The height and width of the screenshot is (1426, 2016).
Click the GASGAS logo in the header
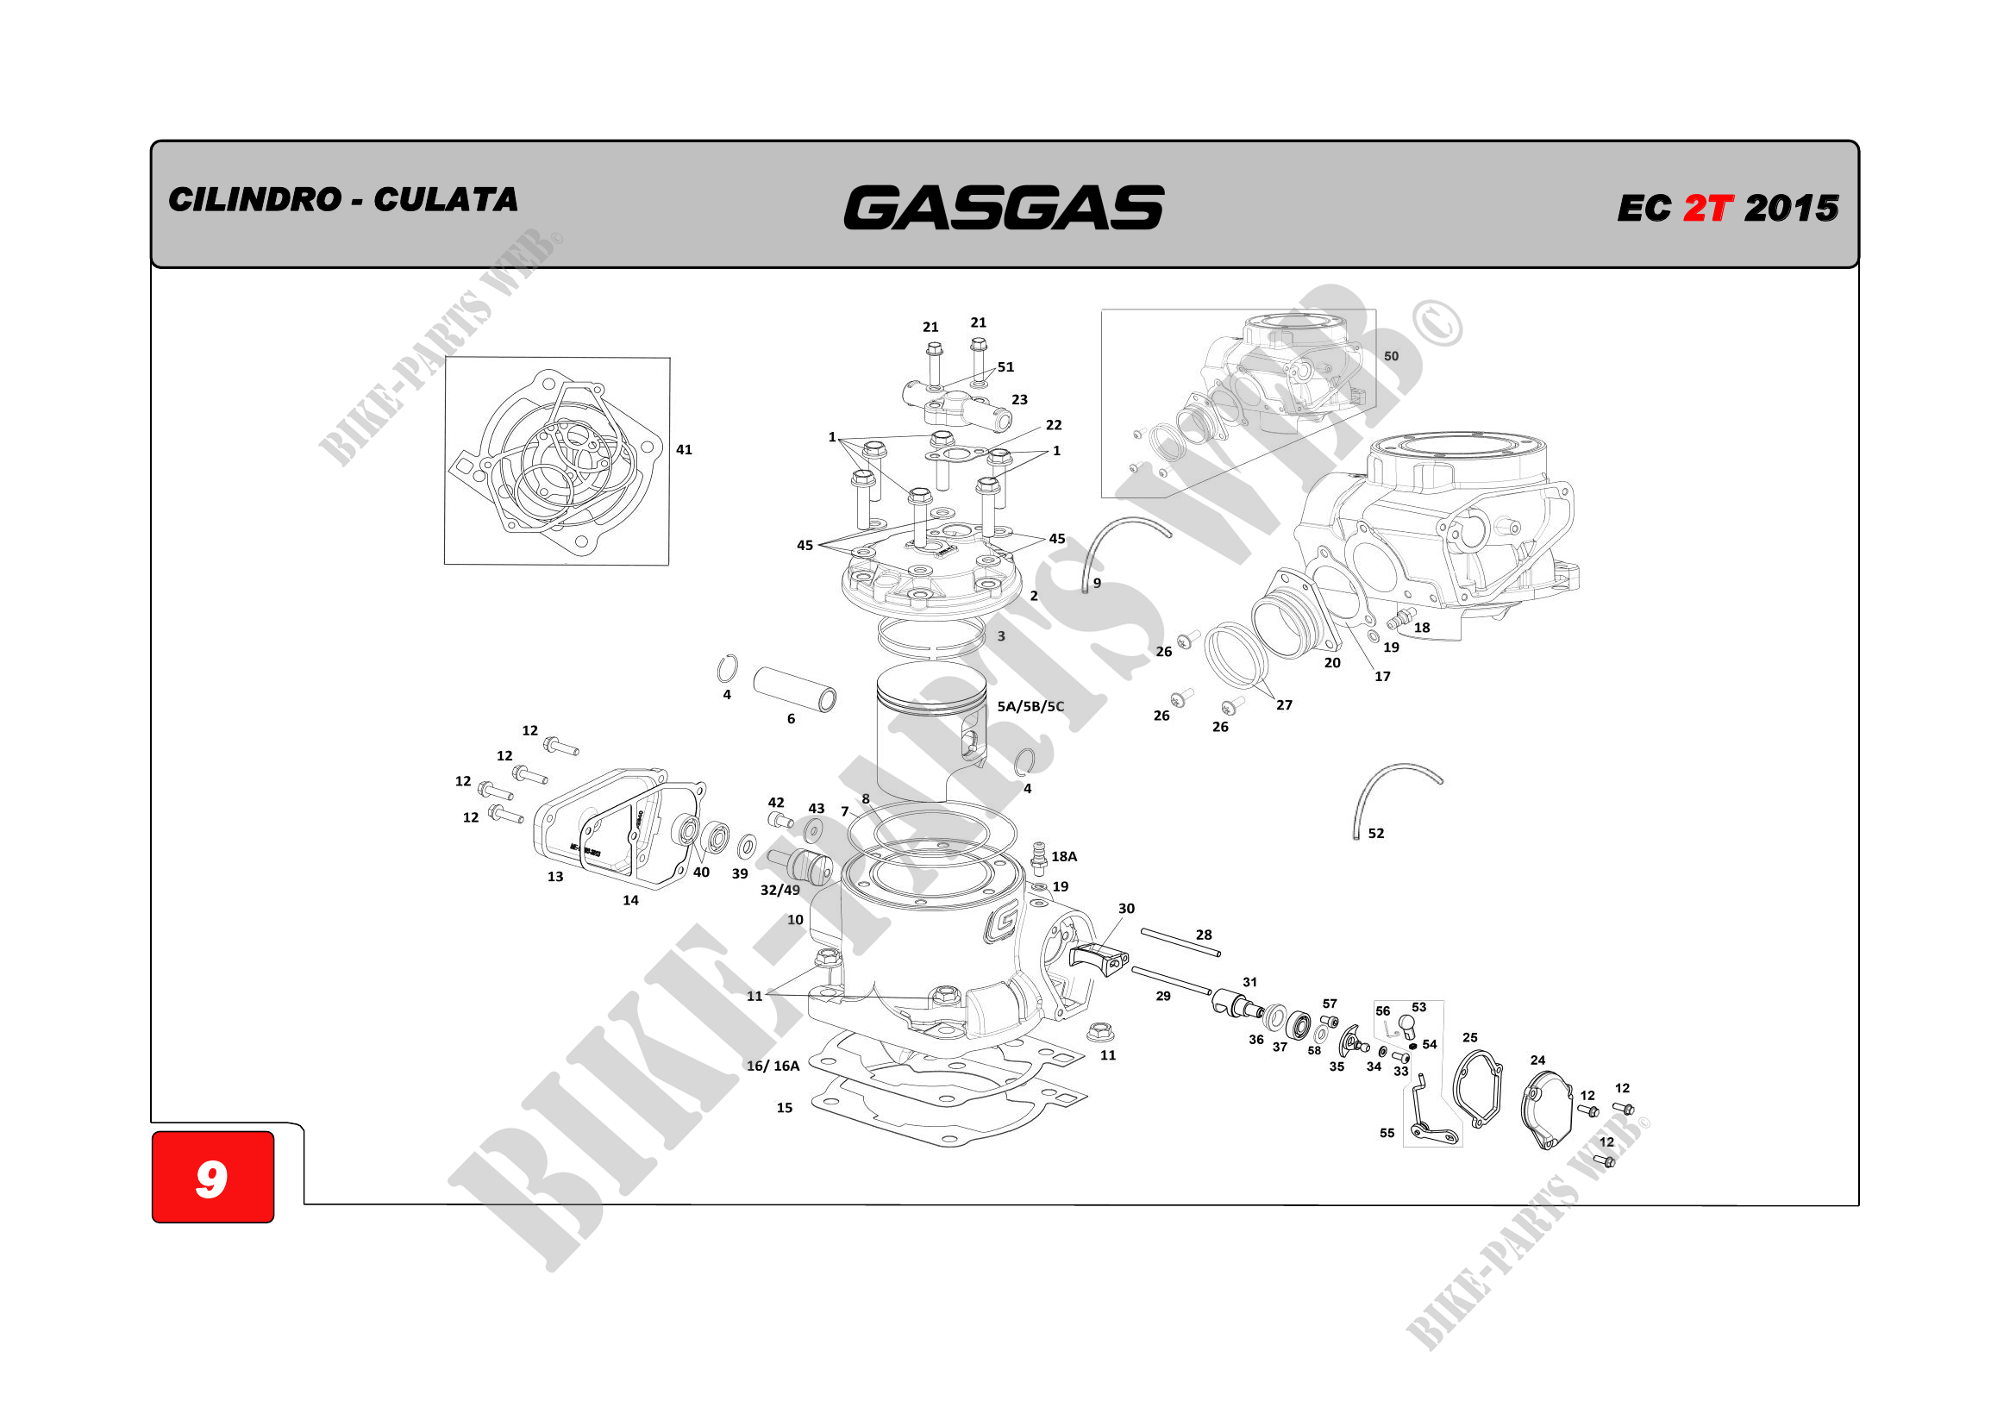[x=1004, y=207]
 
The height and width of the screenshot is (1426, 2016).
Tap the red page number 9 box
[x=212, y=1176]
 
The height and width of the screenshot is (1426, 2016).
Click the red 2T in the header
[x=1708, y=208]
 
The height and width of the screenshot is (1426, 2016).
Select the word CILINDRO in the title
[x=254, y=199]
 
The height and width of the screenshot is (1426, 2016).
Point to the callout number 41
[x=684, y=449]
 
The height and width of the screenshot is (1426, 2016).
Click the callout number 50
[x=1391, y=355]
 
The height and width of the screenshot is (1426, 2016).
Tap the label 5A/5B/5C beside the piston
[x=1030, y=706]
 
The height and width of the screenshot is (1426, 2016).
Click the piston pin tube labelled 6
[x=795, y=690]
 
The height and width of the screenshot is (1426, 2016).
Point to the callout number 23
[x=1019, y=399]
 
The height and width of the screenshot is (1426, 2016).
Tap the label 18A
[x=1064, y=856]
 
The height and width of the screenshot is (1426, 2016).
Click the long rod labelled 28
[x=1181, y=942]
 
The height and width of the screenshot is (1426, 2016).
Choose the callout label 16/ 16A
[x=773, y=1066]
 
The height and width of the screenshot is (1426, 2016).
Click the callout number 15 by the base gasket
[x=784, y=1108]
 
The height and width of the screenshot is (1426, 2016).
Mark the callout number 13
[x=555, y=876]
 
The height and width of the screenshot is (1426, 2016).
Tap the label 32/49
[x=779, y=890]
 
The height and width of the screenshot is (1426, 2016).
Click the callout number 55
[x=1387, y=1133]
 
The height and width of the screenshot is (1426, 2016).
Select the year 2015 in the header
[x=1791, y=208]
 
